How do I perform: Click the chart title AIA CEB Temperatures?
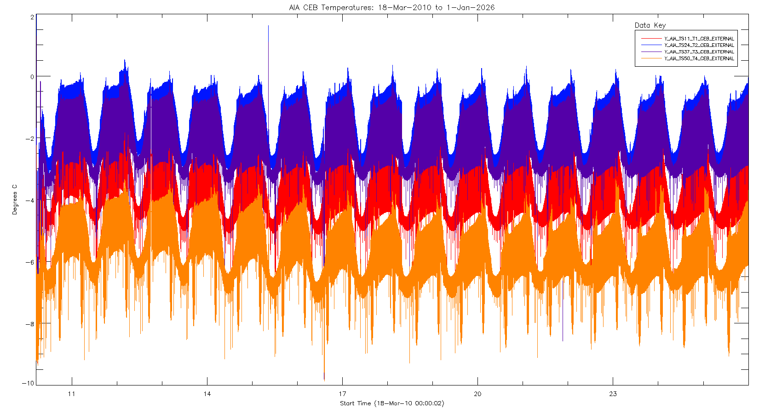coord(391,7)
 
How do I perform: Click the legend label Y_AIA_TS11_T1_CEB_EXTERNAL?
coord(699,39)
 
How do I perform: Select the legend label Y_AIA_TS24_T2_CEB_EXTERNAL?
coord(699,45)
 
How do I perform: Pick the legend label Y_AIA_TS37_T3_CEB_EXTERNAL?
coord(699,52)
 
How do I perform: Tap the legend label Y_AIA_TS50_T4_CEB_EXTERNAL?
coord(699,58)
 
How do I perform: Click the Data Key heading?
coord(650,25)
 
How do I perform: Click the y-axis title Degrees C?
coord(15,200)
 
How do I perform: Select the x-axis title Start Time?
coord(391,403)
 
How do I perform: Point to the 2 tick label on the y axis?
coord(32,17)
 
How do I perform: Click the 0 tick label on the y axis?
coord(32,77)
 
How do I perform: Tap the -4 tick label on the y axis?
coord(30,201)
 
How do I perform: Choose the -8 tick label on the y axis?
coord(30,324)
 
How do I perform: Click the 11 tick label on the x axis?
coord(71,394)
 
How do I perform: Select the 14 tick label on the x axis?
coord(207,394)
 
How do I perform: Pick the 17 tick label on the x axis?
coord(342,394)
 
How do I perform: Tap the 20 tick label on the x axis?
coord(477,394)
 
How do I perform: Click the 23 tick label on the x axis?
coord(613,394)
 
